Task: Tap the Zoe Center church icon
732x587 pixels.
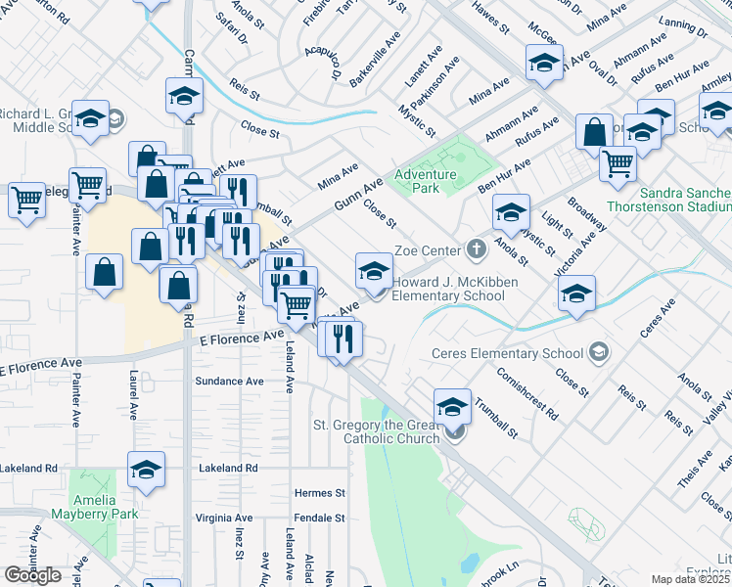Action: coord(477,248)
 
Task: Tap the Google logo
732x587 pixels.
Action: coord(33,575)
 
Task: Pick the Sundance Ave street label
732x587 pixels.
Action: coord(230,381)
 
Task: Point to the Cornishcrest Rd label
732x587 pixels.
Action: coord(526,393)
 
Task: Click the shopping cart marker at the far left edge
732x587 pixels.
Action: coord(27,199)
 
